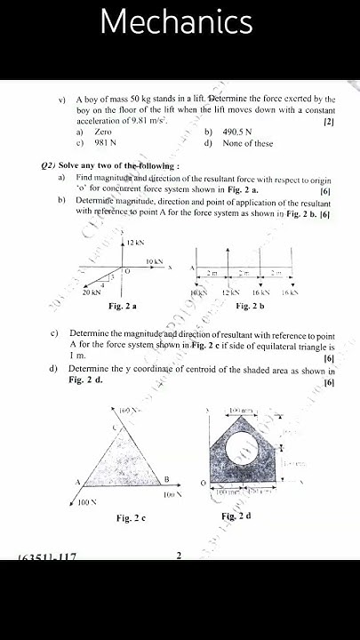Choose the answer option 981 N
click(x=107, y=143)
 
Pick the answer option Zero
click(x=103, y=132)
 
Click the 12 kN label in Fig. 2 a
click(x=135, y=243)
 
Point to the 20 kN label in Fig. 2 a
click(x=91, y=292)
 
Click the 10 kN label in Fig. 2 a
click(x=154, y=262)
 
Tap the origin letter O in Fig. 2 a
click(x=126, y=270)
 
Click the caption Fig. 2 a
click(x=122, y=306)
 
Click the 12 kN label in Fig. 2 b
click(x=230, y=292)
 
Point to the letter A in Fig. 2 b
click(x=191, y=268)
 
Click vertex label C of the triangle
click(x=115, y=428)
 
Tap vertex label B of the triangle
click(x=166, y=479)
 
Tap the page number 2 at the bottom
click(x=179, y=556)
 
